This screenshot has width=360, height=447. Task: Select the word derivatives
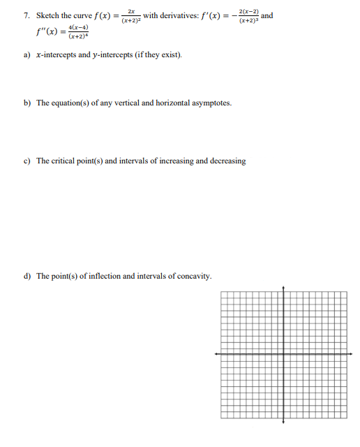pos(183,15)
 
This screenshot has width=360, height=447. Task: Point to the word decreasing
pos(227,161)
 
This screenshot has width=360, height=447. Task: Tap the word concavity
pos(193,276)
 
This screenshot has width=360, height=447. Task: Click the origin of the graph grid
pos(283,354)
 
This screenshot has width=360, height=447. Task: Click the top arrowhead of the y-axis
pos(283,288)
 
